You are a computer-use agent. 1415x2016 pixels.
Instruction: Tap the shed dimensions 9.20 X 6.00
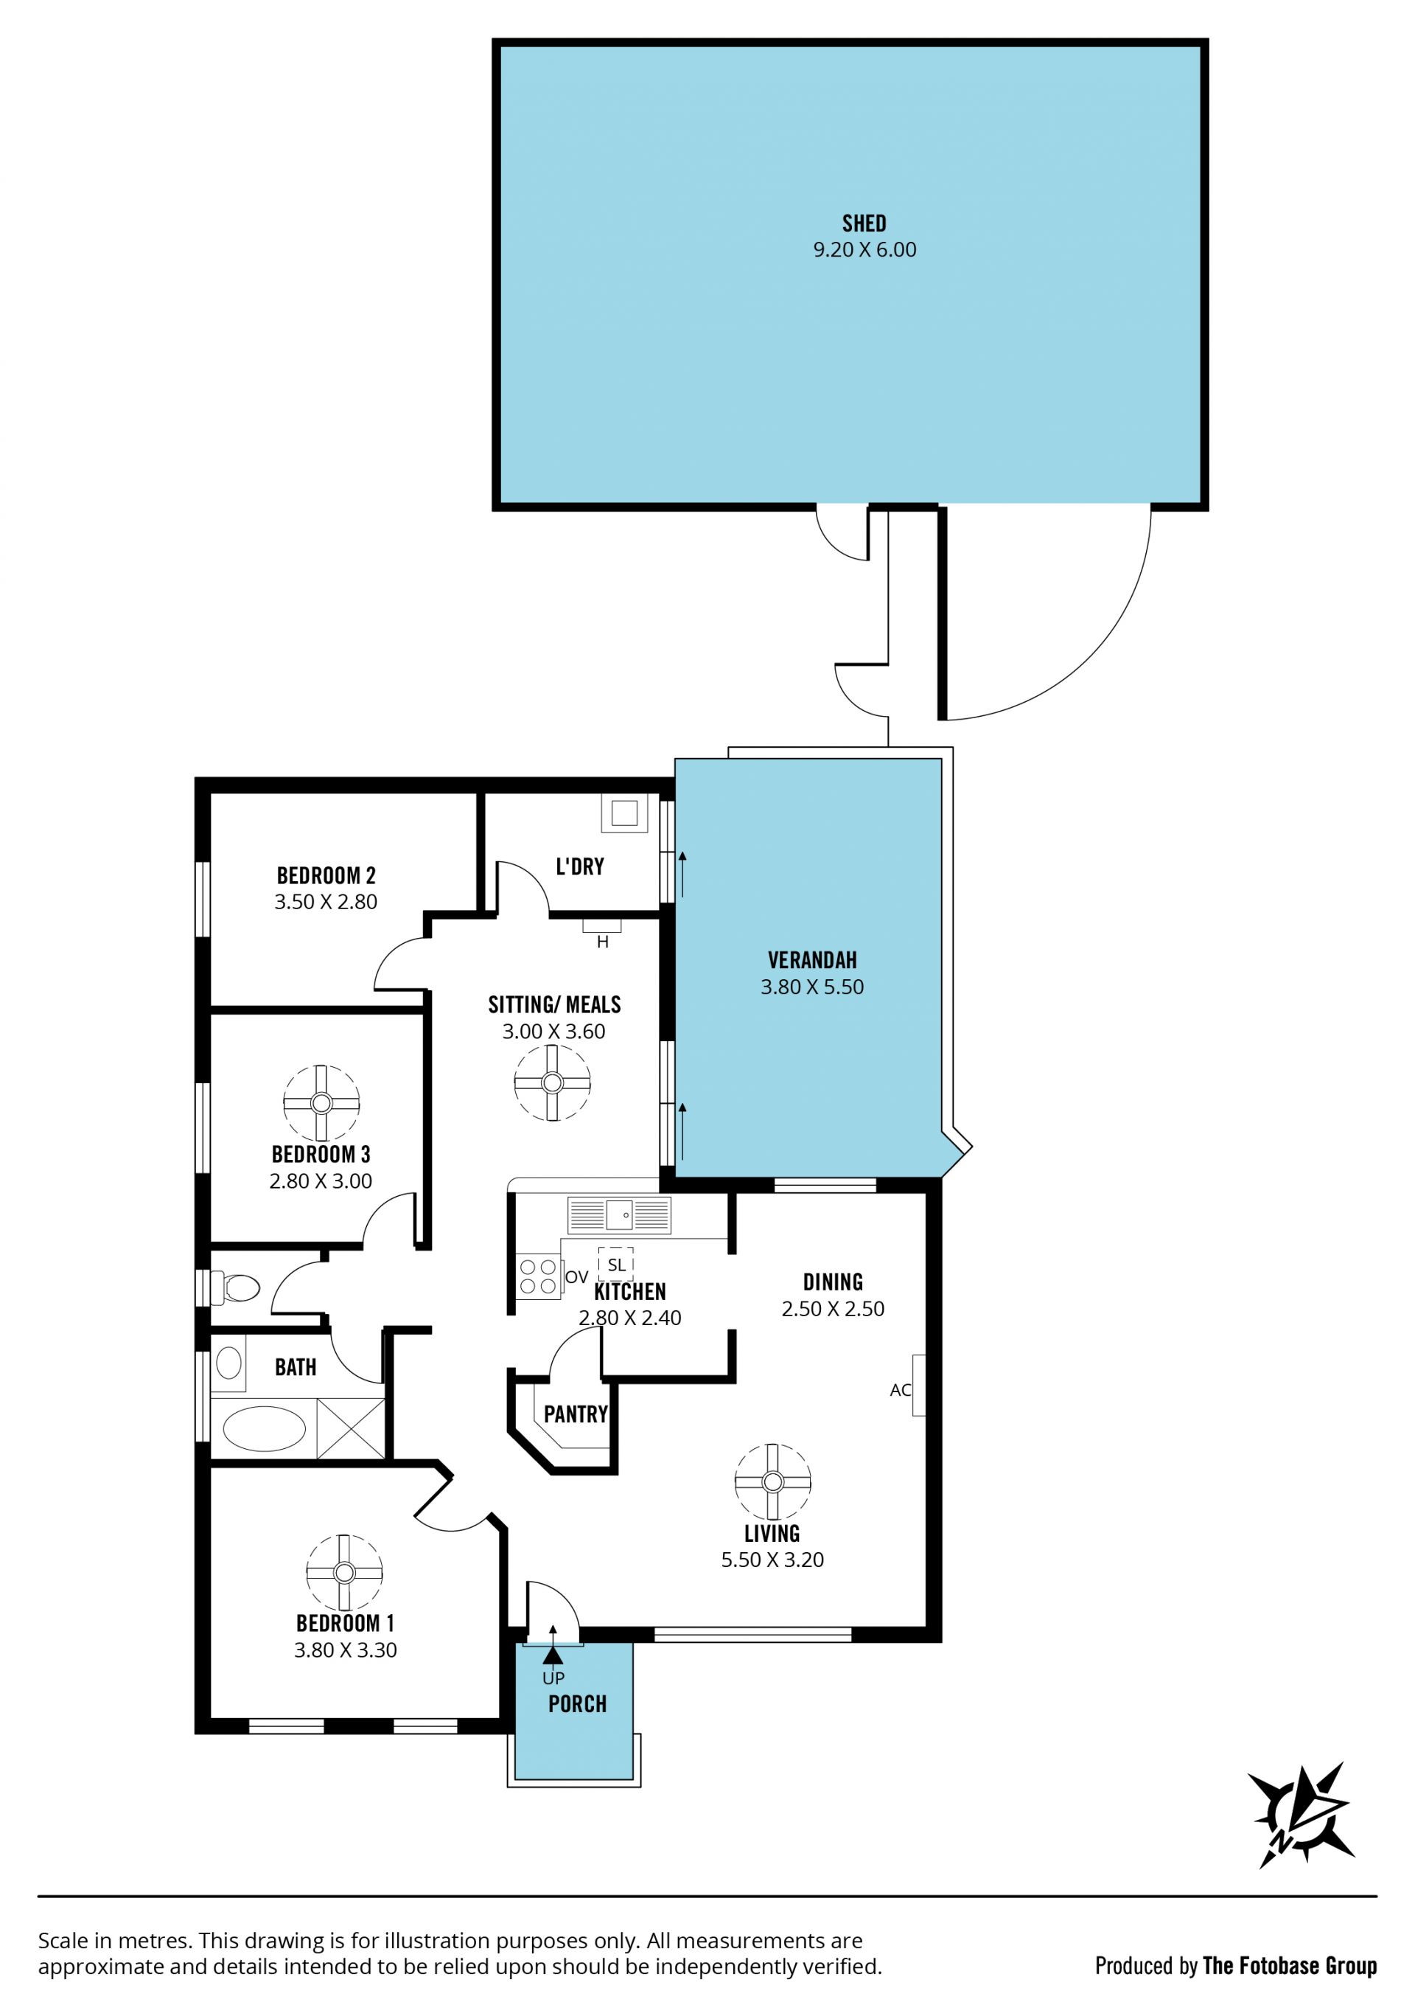[x=864, y=250]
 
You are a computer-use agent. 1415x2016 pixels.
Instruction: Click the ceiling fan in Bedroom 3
[x=321, y=1103]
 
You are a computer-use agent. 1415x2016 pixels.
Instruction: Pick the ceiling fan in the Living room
[x=772, y=1482]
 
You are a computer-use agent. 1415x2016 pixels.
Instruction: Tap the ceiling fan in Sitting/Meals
[x=552, y=1082]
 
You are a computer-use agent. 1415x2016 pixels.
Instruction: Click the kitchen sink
[x=619, y=1215]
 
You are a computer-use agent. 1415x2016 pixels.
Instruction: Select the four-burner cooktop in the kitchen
[x=538, y=1276]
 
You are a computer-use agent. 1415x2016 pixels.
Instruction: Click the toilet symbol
[x=235, y=1288]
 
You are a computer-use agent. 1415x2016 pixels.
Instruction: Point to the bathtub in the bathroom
[x=265, y=1428]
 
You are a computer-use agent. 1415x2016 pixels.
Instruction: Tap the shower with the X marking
[x=350, y=1428]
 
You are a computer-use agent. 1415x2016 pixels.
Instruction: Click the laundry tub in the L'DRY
[x=624, y=813]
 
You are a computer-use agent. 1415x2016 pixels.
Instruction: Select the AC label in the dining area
[x=900, y=1390]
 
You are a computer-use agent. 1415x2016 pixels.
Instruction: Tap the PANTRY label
[x=576, y=1414]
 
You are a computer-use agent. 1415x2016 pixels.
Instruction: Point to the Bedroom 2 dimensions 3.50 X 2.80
[x=326, y=902]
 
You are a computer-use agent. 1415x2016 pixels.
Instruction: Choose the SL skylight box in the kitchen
[x=616, y=1265]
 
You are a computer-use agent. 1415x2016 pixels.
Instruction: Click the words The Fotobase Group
[x=1290, y=1966]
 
